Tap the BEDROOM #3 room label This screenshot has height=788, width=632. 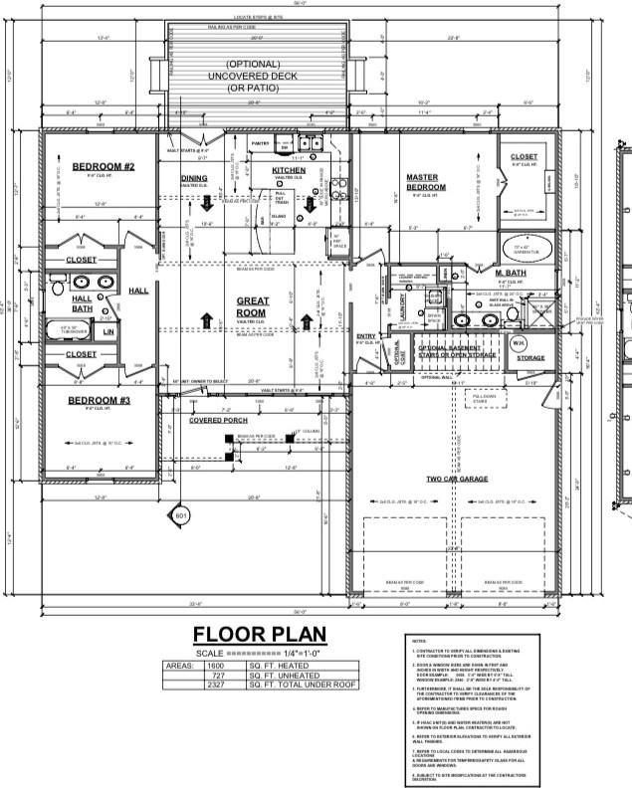click(x=96, y=401)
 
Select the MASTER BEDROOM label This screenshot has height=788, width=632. click(x=427, y=182)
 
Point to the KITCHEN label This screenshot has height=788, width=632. click(x=289, y=170)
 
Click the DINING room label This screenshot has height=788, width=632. click(x=194, y=178)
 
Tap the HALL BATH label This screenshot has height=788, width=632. click(x=82, y=302)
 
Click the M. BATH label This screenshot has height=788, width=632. click(x=511, y=273)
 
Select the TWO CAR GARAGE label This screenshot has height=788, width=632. click(x=458, y=479)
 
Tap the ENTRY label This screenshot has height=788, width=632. click(x=365, y=336)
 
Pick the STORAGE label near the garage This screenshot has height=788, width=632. click(x=530, y=357)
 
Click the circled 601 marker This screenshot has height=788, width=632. click(x=180, y=516)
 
